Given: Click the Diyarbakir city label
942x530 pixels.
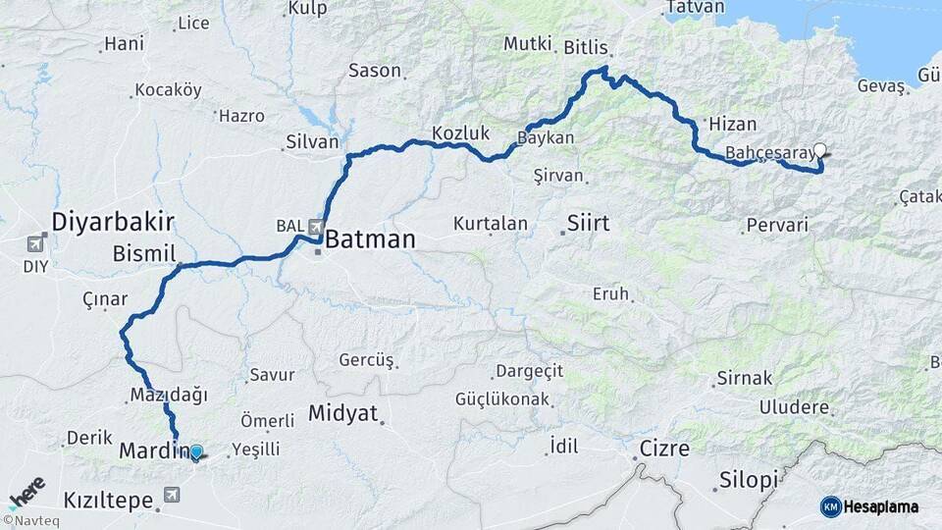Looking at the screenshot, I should pos(113,220).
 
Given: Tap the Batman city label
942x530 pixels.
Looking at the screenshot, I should pos(370,238).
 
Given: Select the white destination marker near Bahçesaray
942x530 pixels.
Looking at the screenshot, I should pos(820,151).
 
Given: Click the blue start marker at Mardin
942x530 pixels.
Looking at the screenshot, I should pos(196,451).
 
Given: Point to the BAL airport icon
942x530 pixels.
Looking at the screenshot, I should pos(315,227).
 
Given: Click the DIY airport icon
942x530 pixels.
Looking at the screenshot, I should pos(36,242).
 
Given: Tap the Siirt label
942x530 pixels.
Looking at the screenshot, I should pos(588,224).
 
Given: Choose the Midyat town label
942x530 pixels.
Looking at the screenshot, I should pos(342,413).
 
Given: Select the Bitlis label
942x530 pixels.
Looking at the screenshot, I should pos(587,47).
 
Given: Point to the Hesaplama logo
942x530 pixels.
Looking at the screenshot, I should pos(870,506).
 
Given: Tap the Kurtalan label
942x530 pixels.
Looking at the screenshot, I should pos(490,224).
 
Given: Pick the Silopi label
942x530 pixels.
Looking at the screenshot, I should pos(748,480).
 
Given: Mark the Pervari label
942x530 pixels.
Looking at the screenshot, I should pos(777,225).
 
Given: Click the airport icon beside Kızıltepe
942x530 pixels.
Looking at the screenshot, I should pos(173,495).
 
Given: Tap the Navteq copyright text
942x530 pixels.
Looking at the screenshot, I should pos(31,521).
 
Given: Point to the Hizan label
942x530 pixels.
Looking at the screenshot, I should pos(733,124).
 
